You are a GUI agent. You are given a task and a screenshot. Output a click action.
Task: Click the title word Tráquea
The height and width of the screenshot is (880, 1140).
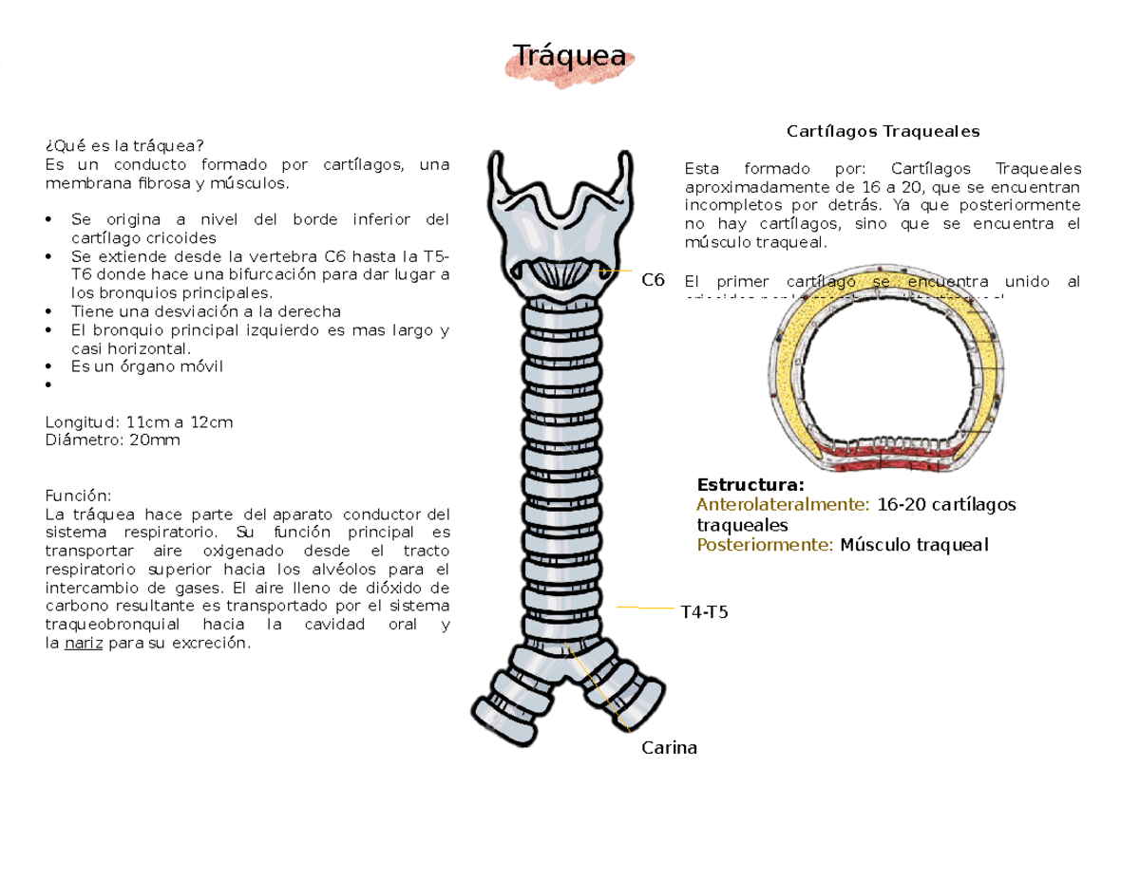569,57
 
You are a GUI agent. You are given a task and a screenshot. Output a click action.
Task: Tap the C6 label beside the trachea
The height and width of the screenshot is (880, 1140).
653,280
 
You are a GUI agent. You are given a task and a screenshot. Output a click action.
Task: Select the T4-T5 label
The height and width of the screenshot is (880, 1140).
705,612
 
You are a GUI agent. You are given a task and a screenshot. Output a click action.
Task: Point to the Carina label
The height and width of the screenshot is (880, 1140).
669,748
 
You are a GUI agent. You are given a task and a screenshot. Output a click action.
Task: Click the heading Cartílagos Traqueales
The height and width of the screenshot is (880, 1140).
883,130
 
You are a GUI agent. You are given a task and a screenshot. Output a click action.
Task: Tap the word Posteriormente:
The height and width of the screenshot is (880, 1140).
766,545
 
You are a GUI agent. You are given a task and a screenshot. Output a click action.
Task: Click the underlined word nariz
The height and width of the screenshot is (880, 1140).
84,644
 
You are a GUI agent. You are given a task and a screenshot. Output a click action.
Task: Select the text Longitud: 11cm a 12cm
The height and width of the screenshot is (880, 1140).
139,421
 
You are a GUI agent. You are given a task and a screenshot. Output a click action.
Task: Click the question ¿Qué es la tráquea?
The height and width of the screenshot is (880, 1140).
124,145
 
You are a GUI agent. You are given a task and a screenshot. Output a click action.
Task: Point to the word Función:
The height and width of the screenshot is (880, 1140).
78,496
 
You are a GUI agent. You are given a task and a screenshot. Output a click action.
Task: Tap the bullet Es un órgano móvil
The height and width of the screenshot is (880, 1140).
146,366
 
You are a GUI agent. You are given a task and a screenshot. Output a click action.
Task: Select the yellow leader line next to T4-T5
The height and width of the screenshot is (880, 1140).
645,607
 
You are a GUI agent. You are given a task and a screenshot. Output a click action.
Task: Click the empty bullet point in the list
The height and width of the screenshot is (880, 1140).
48,385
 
